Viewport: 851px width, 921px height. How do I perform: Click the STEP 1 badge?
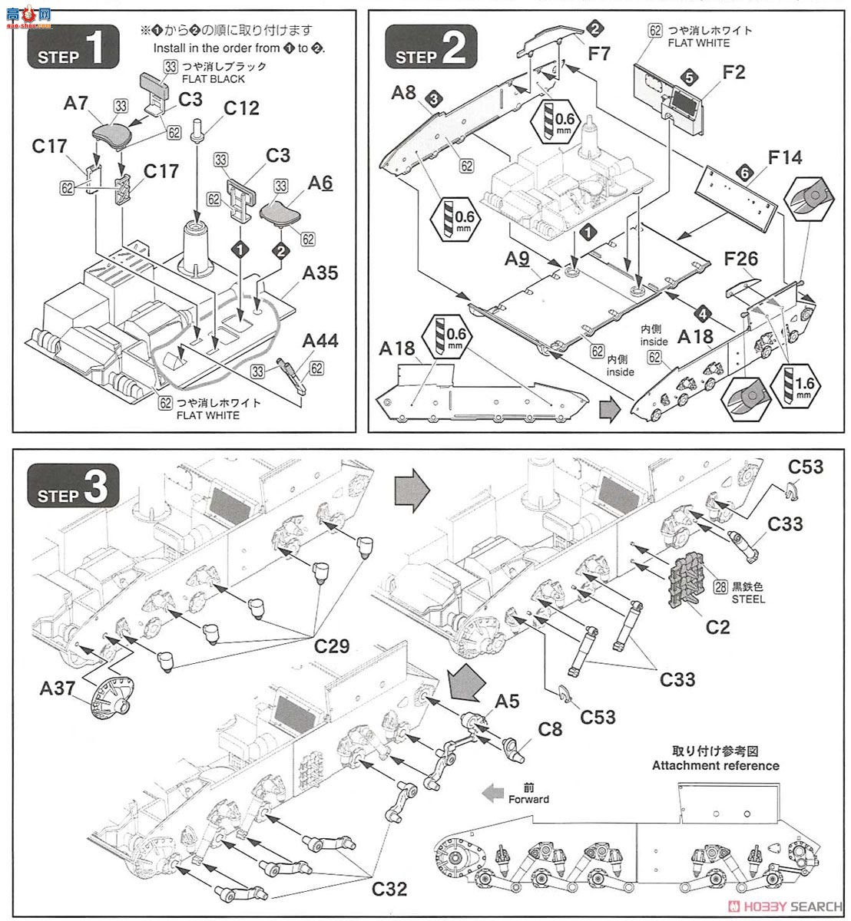coord(73,50)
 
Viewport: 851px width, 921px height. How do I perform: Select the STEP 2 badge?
coord(430,50)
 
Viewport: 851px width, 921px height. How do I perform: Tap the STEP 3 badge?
coord(73,491)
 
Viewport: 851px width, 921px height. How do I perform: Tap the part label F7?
coord(600,54)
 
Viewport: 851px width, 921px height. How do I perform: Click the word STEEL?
coord(748,599)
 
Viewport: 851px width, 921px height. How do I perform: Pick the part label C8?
coord(550,728)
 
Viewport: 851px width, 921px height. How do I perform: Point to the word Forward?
coord(529,799)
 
